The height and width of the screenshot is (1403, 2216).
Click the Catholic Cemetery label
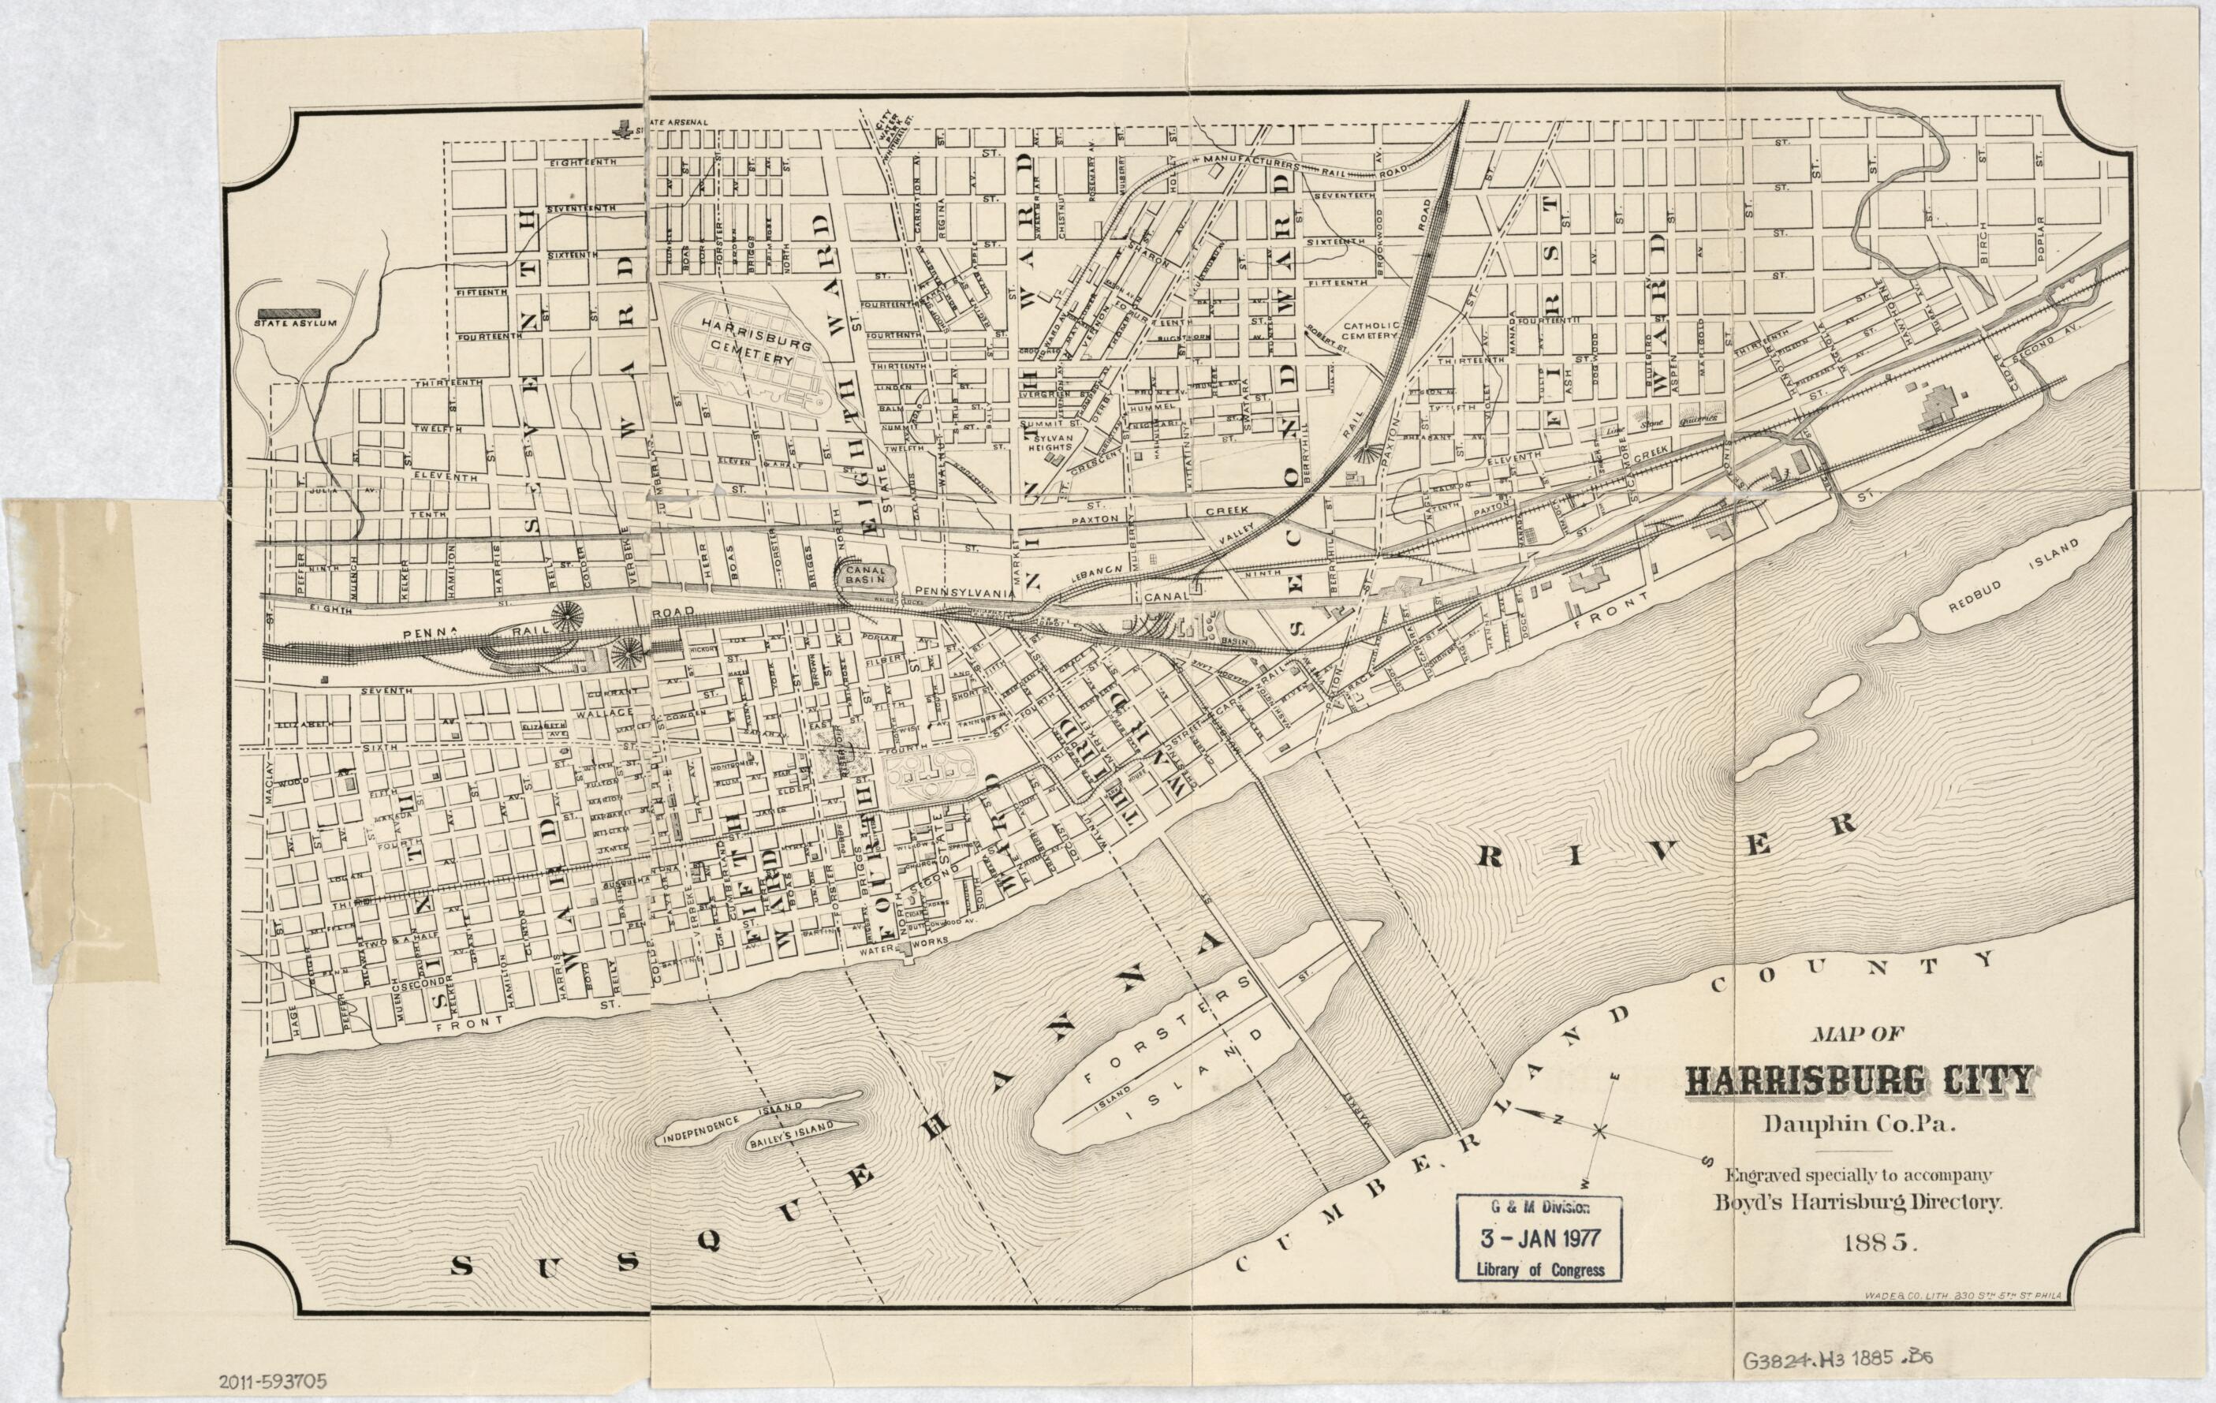[x=1371, y=331]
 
